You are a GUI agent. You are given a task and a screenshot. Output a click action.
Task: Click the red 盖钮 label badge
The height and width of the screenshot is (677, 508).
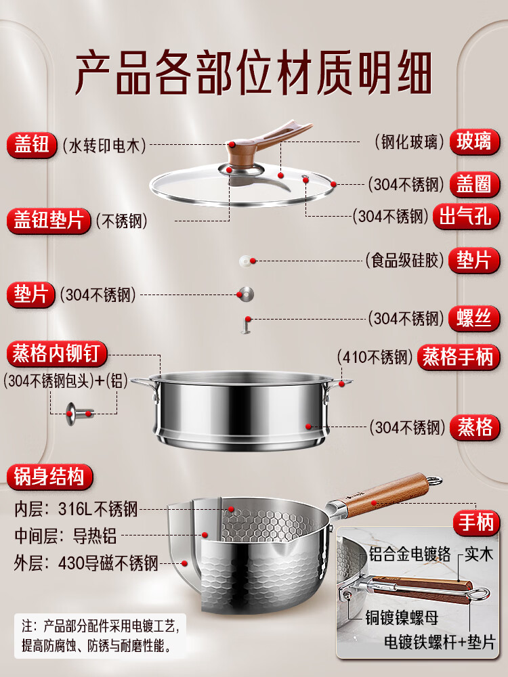[32, 145]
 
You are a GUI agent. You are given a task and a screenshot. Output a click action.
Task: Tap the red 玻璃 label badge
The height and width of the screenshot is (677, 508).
[474, 141]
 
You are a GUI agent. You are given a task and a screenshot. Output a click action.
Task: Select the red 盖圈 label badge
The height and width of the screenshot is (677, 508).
[474, 184]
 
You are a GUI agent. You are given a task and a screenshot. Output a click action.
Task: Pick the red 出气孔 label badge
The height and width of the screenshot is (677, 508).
[467, 216]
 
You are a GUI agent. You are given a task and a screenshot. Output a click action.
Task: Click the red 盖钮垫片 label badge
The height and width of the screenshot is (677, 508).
[48, 221]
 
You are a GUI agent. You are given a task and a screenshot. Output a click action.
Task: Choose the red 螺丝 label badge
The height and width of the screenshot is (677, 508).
[474, 318]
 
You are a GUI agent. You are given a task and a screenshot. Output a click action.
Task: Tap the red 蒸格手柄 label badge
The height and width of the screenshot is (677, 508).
[458, 357]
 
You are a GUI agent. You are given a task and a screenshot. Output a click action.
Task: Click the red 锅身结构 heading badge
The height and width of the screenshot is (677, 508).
[49, 477]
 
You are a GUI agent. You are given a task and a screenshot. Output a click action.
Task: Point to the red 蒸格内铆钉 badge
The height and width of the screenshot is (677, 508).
[57, 353]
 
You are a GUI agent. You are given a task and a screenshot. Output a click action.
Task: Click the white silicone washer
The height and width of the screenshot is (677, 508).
[246, 261]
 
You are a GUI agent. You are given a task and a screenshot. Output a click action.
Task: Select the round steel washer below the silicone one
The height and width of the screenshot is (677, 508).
[246, 294]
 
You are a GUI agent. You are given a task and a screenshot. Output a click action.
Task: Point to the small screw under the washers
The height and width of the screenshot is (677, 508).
[247, 325]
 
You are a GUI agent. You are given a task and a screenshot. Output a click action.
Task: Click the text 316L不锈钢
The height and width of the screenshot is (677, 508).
[98, 509]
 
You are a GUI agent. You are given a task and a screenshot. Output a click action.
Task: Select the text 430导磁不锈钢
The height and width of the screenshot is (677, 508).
[108, 563]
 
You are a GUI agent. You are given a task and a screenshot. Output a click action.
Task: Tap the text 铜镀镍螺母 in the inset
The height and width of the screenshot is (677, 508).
[402, 617]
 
